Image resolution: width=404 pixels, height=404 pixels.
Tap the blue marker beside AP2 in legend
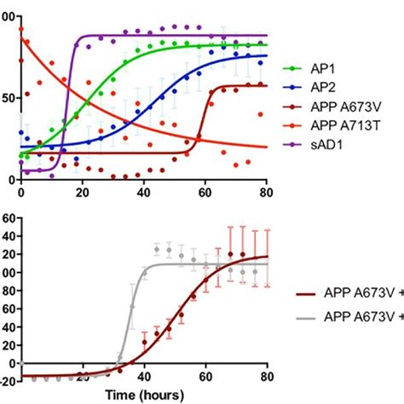[x=296, y=86]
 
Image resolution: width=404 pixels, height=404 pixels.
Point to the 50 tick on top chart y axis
[x=8, y=99]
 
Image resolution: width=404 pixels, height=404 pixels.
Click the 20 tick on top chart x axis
[x=82, y=193]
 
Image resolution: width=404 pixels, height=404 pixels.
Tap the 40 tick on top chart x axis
[x=143, y=193]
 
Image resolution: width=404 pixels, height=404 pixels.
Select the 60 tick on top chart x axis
[x=205, y=193]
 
